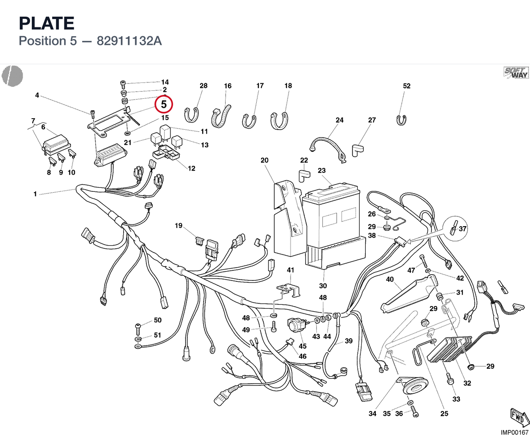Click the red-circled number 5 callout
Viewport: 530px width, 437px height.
pyautogui.click(x=164, y=104)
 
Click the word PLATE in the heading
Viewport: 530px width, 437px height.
pyautogui.click(x=47, y=23)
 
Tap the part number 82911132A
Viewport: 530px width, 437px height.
pyautogui.click(x=129, y=41)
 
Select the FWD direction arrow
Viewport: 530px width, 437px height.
pyautogui.click(x=519, y=418)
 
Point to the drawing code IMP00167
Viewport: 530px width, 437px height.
pyautogui.click(x=515, y=432)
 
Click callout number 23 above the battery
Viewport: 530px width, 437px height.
pyautogui.click(x=322, y=170)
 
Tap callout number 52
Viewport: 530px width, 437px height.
pyautogui.click(x=407, y=86)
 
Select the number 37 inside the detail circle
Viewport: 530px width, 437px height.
pyautogui.click(x=462, y=228)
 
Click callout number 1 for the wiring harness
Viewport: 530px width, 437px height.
pyautogui.click(x=35, y=194)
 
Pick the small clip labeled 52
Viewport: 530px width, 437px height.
pyautogui.click(x=401, y=120)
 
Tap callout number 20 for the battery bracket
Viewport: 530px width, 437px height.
pyautogui.click(x=265, y=160)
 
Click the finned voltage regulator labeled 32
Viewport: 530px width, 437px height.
pyautogui.click(x=449, y=349)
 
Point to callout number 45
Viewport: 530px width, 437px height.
pyautogui.click(x=303, y=346)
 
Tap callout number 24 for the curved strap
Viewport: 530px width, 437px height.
pyautogui.click(x=340, y=120)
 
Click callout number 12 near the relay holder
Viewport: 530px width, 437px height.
pyautogui.click(x=191, y=168)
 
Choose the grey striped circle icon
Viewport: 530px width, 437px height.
pyautogui.click(x=12, y=76)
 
